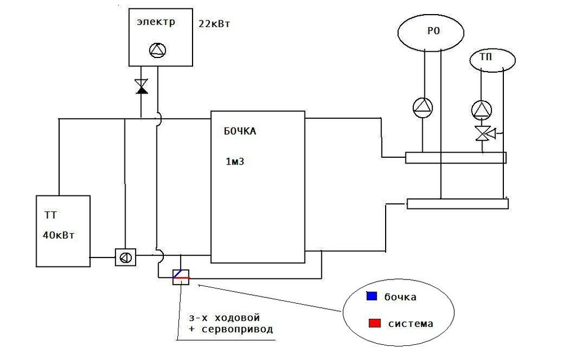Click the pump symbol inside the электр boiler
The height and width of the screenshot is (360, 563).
[158, 51]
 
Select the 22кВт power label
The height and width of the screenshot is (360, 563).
[215, 24]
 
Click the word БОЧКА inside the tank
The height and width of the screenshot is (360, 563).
[240, 132]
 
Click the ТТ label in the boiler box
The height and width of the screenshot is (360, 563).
[51, 215]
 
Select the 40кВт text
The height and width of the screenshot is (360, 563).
[58, 235]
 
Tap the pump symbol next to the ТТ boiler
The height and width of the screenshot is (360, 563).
[124, 257]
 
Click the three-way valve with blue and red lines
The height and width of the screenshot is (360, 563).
[181, 276]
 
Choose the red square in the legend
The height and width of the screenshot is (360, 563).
[374, 323]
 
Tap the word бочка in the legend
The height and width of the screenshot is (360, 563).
[400, 297]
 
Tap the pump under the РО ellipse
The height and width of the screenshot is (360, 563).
[423, 107]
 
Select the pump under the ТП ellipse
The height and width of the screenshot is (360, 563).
[481, 109]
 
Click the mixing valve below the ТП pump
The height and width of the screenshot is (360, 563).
[482, 134]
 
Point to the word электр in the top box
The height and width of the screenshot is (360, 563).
[156, 23]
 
